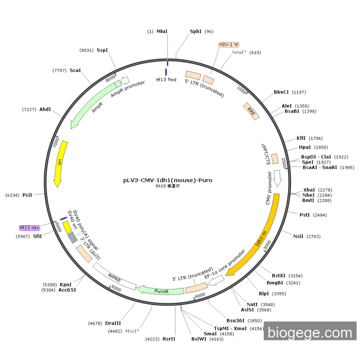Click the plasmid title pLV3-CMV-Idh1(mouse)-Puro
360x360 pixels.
[x=168, y=181]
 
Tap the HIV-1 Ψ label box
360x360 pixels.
[x=229, y=45]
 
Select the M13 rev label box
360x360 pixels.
[x=29, y=227]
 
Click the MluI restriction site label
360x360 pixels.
[x=162, y=31]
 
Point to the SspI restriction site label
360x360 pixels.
[x=102, y=50]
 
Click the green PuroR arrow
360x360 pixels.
[x=162, y=291]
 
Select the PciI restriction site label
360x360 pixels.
[x=27, y=195]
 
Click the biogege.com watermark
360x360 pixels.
[x=310, y=333]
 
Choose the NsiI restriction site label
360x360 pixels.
[x=299, y=236]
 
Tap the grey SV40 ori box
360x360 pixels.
[x=72, y=238]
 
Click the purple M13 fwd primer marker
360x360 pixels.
[x=166, y=72]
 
